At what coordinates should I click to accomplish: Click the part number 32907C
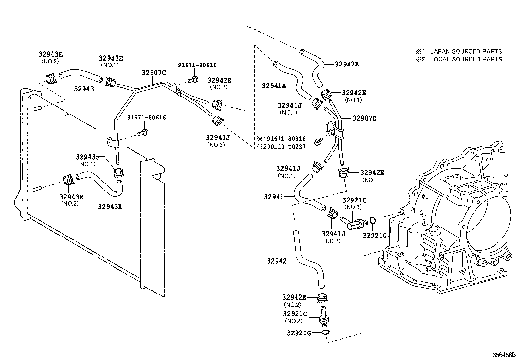pyautogui.click(x=154, y=73)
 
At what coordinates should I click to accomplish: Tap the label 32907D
pyautogui.click(x=364, y=118)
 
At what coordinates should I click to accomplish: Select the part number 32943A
pyautogui.click(x=110, y=207)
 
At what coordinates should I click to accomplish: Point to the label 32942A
pyautogui.click(x=347, y=64)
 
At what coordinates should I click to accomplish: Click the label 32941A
pyautogui.click(x=274, y=86)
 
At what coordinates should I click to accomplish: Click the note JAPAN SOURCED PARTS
pyautogui.click(x=466, y=51)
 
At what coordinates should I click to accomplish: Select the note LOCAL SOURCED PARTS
pyautogui.click(x=466, y=59)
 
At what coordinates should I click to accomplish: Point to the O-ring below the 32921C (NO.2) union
pyautogui.click(x=325, y=333)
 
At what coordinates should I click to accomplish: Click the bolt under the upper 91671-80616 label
pyautogui.click(x=194, y=79)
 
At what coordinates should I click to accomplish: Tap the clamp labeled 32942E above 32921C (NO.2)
pyautogui.click(x=322, y=298)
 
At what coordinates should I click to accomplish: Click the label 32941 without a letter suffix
pyautogui.click(x=274, y=197)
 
